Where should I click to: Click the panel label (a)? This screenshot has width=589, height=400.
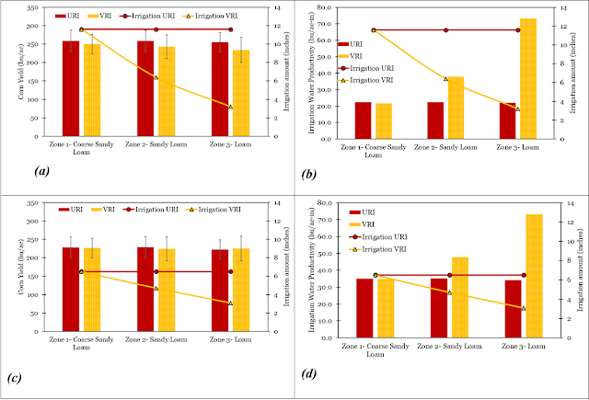40,172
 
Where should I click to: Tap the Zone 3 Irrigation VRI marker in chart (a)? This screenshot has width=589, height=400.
230,107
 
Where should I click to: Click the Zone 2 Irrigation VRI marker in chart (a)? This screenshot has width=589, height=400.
156,77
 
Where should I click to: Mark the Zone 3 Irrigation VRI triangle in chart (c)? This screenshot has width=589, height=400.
230,303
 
